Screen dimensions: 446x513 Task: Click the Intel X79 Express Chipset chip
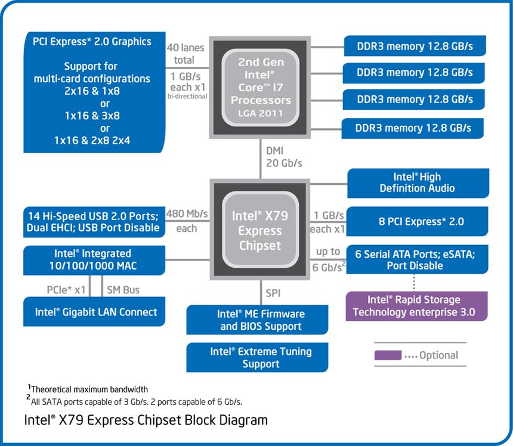point(259,230)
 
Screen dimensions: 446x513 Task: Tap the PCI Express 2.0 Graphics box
point(95,92)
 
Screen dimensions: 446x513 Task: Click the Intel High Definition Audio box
point(417,183)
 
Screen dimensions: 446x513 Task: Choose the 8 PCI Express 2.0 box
point(417,222)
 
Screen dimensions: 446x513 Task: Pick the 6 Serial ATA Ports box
point(417,259)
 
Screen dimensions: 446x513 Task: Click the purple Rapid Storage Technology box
point(417,306)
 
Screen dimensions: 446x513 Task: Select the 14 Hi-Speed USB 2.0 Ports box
point(93,221)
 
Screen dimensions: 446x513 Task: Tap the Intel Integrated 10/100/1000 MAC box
point(93,259)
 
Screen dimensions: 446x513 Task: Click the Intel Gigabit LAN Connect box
point(95,312)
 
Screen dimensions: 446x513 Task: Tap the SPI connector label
point(273,293)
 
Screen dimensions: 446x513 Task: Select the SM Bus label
point(123,290)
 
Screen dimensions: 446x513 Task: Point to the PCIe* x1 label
point(66,290)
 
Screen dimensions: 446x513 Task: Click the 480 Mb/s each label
point(187,221)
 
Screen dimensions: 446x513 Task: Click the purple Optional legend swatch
point(388,355)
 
